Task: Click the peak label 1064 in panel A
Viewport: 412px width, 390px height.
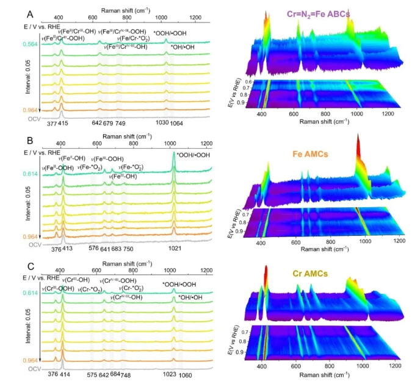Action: [176, 124]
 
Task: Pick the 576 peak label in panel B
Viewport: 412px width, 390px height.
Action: [93, 248]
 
